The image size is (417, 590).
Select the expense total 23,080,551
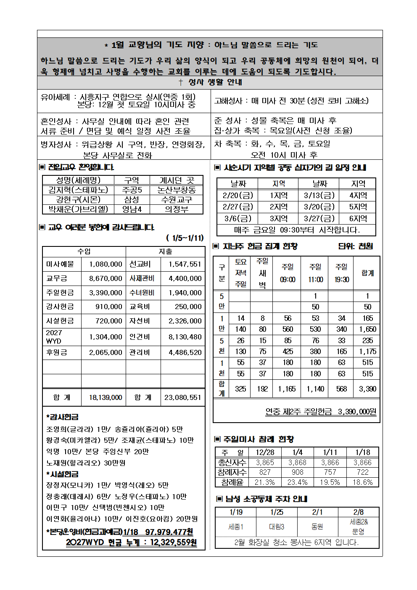[182, 397]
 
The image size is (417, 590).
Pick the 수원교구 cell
[177, 199]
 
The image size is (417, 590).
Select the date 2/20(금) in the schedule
[238, 195]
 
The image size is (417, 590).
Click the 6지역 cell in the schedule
[358, 218]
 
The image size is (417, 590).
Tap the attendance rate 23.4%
[297, 482]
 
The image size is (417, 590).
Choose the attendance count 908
[297, 472]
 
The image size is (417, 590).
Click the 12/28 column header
[265, 452]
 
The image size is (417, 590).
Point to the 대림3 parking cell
[277, 527]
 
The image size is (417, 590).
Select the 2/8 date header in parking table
[359, 512]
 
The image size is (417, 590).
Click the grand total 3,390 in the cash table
[367, 389]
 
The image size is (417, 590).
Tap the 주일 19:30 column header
[341, 273]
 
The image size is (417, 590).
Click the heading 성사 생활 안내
[210, 82]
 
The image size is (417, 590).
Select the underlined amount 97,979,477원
[169, 532]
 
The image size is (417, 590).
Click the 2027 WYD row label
[54, 337]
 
